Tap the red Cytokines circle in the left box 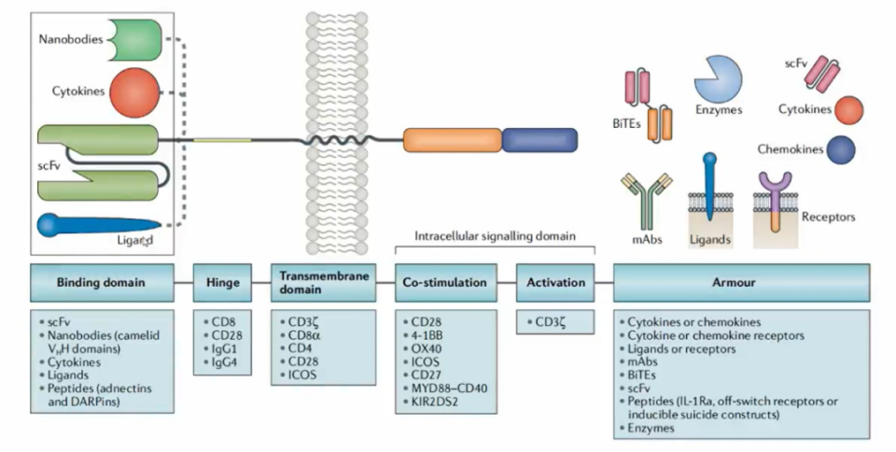[x=134, y=93]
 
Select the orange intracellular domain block [x=452, y=140]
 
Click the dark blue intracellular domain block [x=539, y=140]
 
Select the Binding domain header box [x=101, y=282]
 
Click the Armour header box [x=741, y=282]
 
